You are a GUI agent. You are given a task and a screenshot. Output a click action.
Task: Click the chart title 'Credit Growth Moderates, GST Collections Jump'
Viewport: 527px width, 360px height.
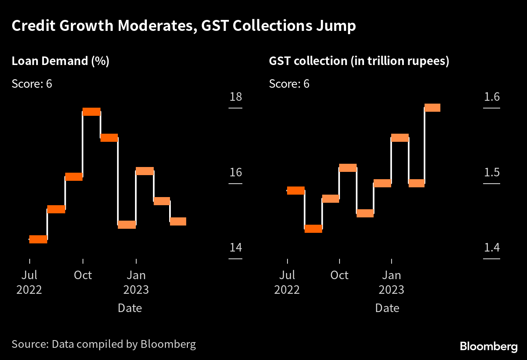(x=184, y=26)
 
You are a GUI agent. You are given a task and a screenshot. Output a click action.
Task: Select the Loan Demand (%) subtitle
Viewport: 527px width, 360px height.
(x=61, y=61)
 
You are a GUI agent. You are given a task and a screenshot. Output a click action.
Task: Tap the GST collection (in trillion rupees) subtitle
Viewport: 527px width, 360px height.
(x=359, y=61)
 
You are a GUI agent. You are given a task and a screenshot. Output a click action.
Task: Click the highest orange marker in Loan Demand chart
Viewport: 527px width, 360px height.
(x=91, y=112)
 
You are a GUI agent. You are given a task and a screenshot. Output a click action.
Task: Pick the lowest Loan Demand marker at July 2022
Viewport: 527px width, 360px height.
(x=38, y=239)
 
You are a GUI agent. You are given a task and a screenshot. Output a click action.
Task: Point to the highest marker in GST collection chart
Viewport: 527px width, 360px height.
(x=432, y=108)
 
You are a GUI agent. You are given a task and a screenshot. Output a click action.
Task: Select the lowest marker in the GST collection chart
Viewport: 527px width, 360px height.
(x=313, y=229)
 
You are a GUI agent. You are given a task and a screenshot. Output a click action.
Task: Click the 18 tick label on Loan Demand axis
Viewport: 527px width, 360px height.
(x=235, y=97)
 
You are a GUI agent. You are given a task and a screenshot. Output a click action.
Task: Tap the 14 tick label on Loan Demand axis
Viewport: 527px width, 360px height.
(x=235, y=247)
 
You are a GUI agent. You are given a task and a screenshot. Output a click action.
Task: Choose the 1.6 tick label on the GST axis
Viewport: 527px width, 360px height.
(x=492, y=97)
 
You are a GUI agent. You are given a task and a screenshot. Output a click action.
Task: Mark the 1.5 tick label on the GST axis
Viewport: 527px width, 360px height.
(x=492, y=172)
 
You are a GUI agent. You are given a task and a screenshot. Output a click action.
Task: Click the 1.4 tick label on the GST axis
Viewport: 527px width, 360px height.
(x=492, y=247)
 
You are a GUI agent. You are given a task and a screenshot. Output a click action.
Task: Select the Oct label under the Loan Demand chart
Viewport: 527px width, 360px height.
(x=83, y=275)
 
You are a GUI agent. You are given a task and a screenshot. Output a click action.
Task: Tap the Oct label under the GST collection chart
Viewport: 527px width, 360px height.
(x=340, y=275)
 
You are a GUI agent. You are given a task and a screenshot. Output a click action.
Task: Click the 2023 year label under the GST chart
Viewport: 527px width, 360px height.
(x=391, y=290)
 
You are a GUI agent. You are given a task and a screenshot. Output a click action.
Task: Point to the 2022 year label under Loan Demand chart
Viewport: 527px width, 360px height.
(x=29, y=290)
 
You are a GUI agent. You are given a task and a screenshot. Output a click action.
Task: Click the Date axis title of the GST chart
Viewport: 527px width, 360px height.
(x=387, y=308)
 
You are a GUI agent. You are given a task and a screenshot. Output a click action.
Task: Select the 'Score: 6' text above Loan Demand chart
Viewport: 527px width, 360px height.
(x=32, y=84)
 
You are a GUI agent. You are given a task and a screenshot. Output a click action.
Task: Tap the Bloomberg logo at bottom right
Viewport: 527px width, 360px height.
(x=489, y=347)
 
